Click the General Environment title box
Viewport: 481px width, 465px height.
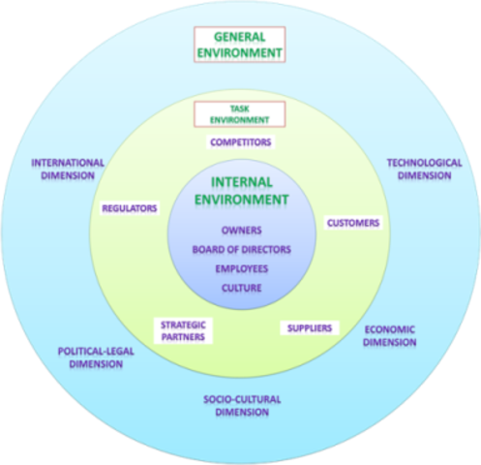pyautogui.click(x=240, y=44)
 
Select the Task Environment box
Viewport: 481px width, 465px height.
pyautogui.click(x=240, y=114)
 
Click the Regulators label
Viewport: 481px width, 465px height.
pyautogui.click(x=130, y=207)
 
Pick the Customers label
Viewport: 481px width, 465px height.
pyautogui.click(x=352, y=223)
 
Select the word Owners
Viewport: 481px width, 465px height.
pyautogui.click(x=241, y=231)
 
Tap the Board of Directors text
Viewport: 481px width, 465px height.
pyautogui.click(x=241, y=249)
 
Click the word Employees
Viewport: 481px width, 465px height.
pyautogui.click(x=241, y=268)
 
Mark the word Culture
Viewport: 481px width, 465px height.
pyautogui.click(x=241, y=288)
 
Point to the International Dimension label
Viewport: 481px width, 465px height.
pyautogui.click(x=67, y=169)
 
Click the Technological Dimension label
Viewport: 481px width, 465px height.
pyautogui.click(x=424, y=169)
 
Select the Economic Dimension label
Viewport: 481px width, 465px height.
pyautogui.click(x=389, y=335)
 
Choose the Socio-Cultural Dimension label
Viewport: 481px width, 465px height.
pyautogui.click(x=236, y=405)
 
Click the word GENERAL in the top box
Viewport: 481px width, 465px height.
pyautogui.click(x=240, y=36)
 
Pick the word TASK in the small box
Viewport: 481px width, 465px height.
pyautogui.click(x=240, y=109)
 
